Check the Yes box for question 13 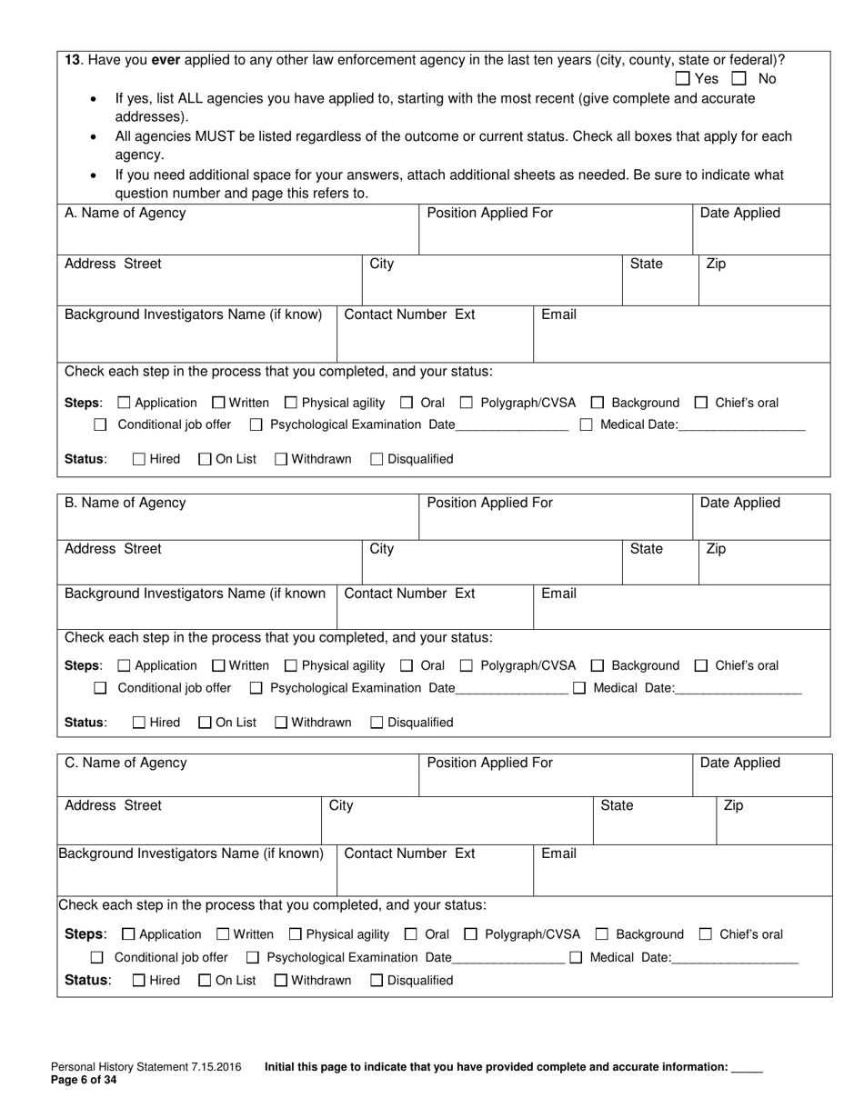[683, 79]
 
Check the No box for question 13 [740, 79]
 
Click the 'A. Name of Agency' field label [126, 213]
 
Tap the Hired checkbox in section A [139, 459]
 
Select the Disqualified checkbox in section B [377, 723]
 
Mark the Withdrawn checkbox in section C [281, 980]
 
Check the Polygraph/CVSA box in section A [467, 403]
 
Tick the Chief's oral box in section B [701, 665]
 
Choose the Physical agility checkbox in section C [295, 933]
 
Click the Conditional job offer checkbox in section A [101, 424]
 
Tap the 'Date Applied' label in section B [739, 503]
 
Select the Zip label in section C [733, 805]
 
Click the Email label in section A [558, 314]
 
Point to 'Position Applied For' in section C [489, 763]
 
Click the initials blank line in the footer [747, 1069]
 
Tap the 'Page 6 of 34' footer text [84, 1080]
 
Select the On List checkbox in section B [205, 723]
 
